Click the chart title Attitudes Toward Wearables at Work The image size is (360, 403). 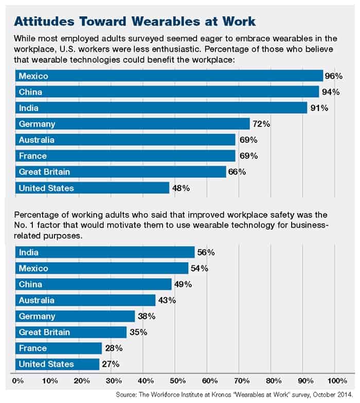coord(135,22)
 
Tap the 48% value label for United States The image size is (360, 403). coord(182,188)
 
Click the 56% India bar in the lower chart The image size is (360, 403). coord(105,252)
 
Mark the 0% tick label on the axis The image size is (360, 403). coord(17,381)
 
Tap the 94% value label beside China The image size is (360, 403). coord(332,93)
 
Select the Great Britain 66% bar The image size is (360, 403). coord(120,172)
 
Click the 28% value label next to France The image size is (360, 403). coord(114,349)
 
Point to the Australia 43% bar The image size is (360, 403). coord(85,300)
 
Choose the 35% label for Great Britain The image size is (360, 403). coord(138,332)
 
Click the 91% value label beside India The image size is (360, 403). coord(319,108)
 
